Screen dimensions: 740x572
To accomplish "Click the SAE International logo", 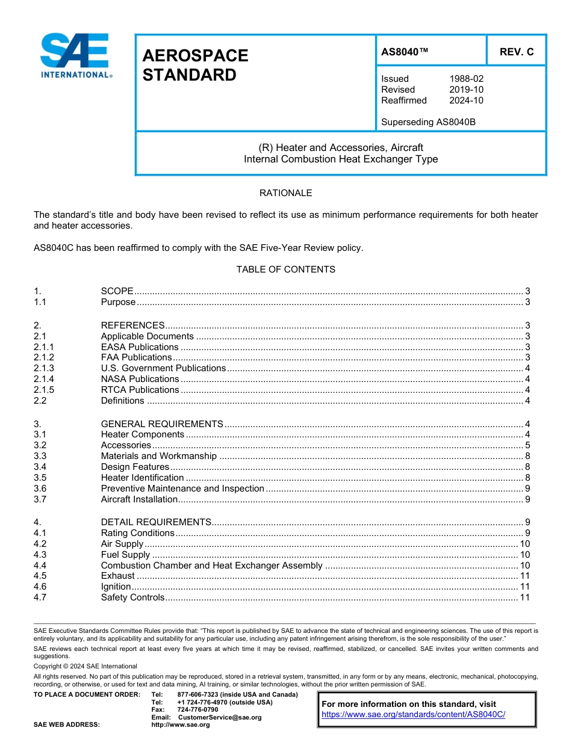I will [x=75, y=55].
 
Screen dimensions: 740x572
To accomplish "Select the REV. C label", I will [x=516, y=52].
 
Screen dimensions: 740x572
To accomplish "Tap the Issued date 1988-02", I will [x=466, y=79].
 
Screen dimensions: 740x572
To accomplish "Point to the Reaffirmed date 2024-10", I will [x=466, y=100].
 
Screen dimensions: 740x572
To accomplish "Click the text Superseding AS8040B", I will [x=428, y=122].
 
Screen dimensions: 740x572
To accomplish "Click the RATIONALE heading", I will [x=285, y=193].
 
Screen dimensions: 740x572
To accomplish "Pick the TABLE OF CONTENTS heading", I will [x=285, y=270].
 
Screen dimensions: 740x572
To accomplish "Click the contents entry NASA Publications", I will [x=140, y=379].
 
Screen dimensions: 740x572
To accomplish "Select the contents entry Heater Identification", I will [x=142, y=478].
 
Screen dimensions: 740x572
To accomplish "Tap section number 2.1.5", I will [x=44, y=390].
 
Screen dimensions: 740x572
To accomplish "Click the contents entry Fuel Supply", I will [x=125, y=555].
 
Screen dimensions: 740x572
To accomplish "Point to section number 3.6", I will [x=40, y=489].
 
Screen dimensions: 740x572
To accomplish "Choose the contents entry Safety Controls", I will [x=132, y=597].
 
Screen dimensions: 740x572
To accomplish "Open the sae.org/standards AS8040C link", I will [x=413, y=714].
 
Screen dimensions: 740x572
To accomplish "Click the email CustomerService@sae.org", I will [x=220, y=717].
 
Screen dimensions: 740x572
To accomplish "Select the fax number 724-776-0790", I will [x=197, y=710].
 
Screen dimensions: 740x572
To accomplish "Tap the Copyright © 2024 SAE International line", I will [x=85, y=666].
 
